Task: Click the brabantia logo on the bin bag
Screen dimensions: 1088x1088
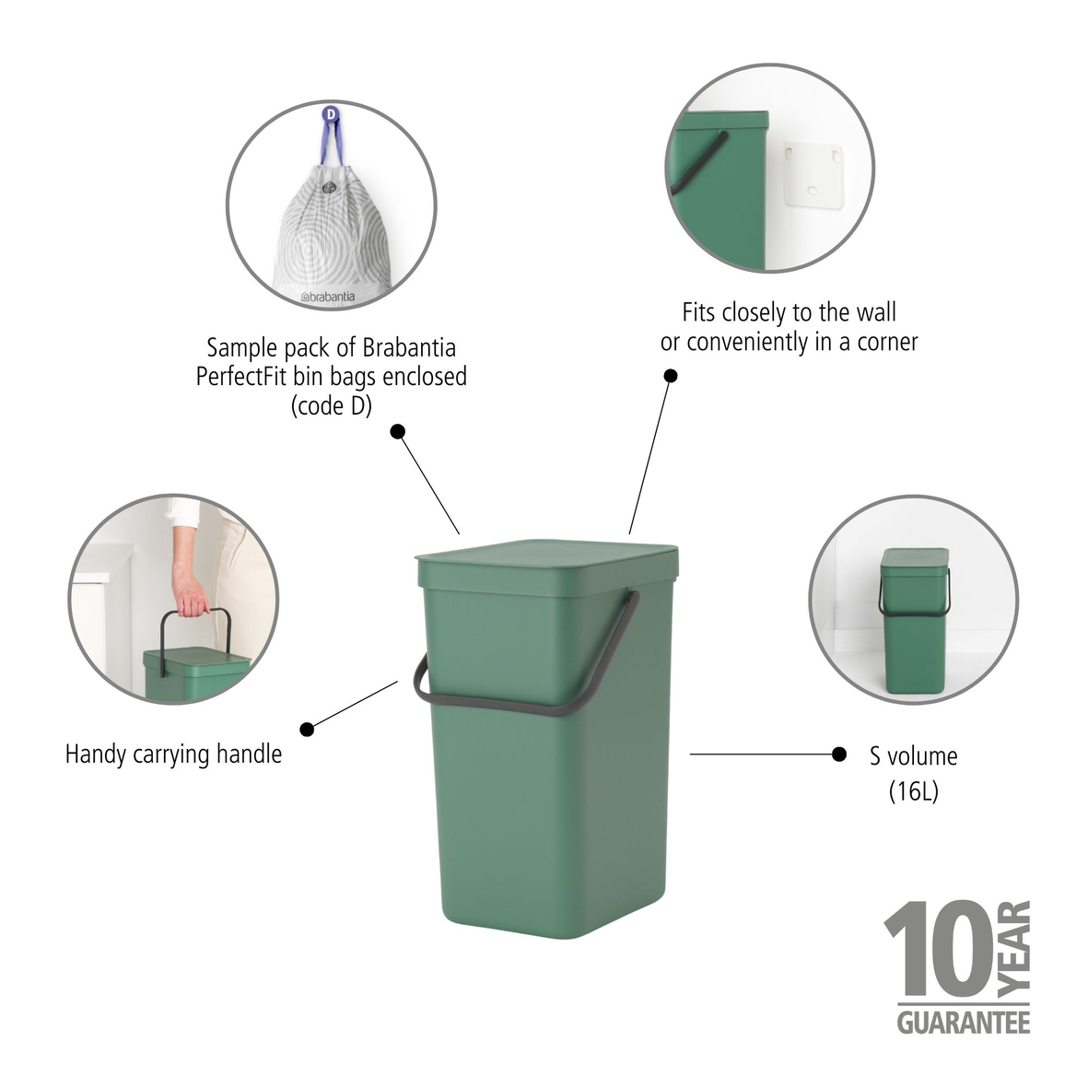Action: coord(327,297)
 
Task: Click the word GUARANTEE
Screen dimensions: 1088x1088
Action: coord(963,1022)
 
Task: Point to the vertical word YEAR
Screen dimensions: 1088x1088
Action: coord(1013,949)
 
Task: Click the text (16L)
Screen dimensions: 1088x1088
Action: coord(913,791)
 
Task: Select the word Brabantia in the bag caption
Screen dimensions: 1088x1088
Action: coord(410,348)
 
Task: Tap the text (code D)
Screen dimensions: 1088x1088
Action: coord(331,405)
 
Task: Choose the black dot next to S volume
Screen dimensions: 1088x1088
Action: coord(839,755)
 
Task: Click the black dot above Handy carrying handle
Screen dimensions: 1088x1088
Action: coord(308,729)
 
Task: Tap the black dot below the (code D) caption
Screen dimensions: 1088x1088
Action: coord(398,431)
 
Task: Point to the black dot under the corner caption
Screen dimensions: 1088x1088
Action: coord(671,375)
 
